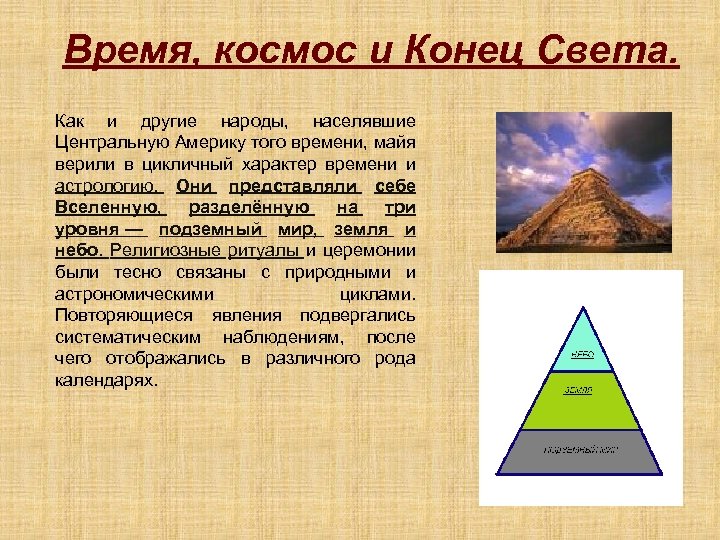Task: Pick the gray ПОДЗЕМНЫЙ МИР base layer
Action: (x=580, y=451)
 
